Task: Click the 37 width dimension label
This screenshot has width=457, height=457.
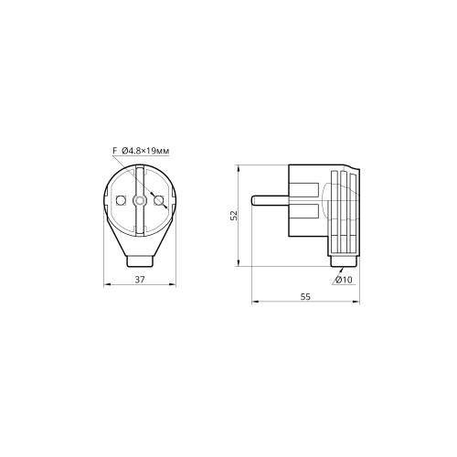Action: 140,280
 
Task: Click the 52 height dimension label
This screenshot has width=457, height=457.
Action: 234,216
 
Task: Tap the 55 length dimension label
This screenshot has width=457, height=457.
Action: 305,296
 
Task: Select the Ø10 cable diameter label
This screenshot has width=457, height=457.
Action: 344,280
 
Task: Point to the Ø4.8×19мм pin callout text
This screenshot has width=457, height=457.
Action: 145,151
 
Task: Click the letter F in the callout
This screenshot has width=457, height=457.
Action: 115,151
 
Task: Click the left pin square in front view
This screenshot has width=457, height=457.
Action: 122,200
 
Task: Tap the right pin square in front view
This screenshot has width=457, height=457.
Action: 158,200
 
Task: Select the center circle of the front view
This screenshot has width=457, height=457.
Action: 140,200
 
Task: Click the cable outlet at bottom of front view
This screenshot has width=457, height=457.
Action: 140,261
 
